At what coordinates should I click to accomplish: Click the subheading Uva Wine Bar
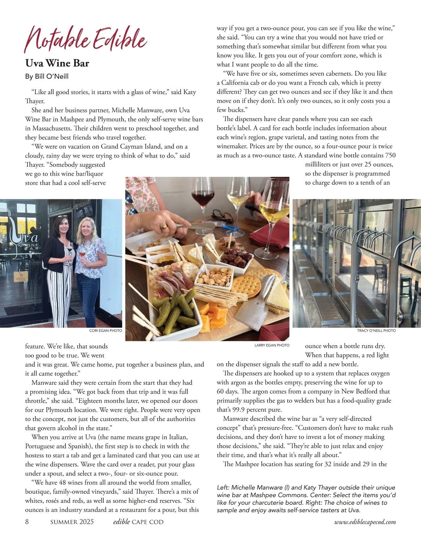[57, 63]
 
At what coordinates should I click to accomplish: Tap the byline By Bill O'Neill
[47, 77]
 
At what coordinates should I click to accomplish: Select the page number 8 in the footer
[27, 522]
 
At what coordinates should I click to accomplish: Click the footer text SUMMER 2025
[72, 522]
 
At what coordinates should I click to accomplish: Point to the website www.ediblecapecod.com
[365, 522]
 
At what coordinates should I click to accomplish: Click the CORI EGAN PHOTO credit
[106, 331]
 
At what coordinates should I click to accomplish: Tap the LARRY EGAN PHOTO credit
[272, 345]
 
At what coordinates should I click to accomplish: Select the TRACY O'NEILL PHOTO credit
[376, 331]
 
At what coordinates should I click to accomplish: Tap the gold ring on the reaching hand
[164, 227]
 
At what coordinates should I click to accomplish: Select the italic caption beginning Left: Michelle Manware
[306, 499]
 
